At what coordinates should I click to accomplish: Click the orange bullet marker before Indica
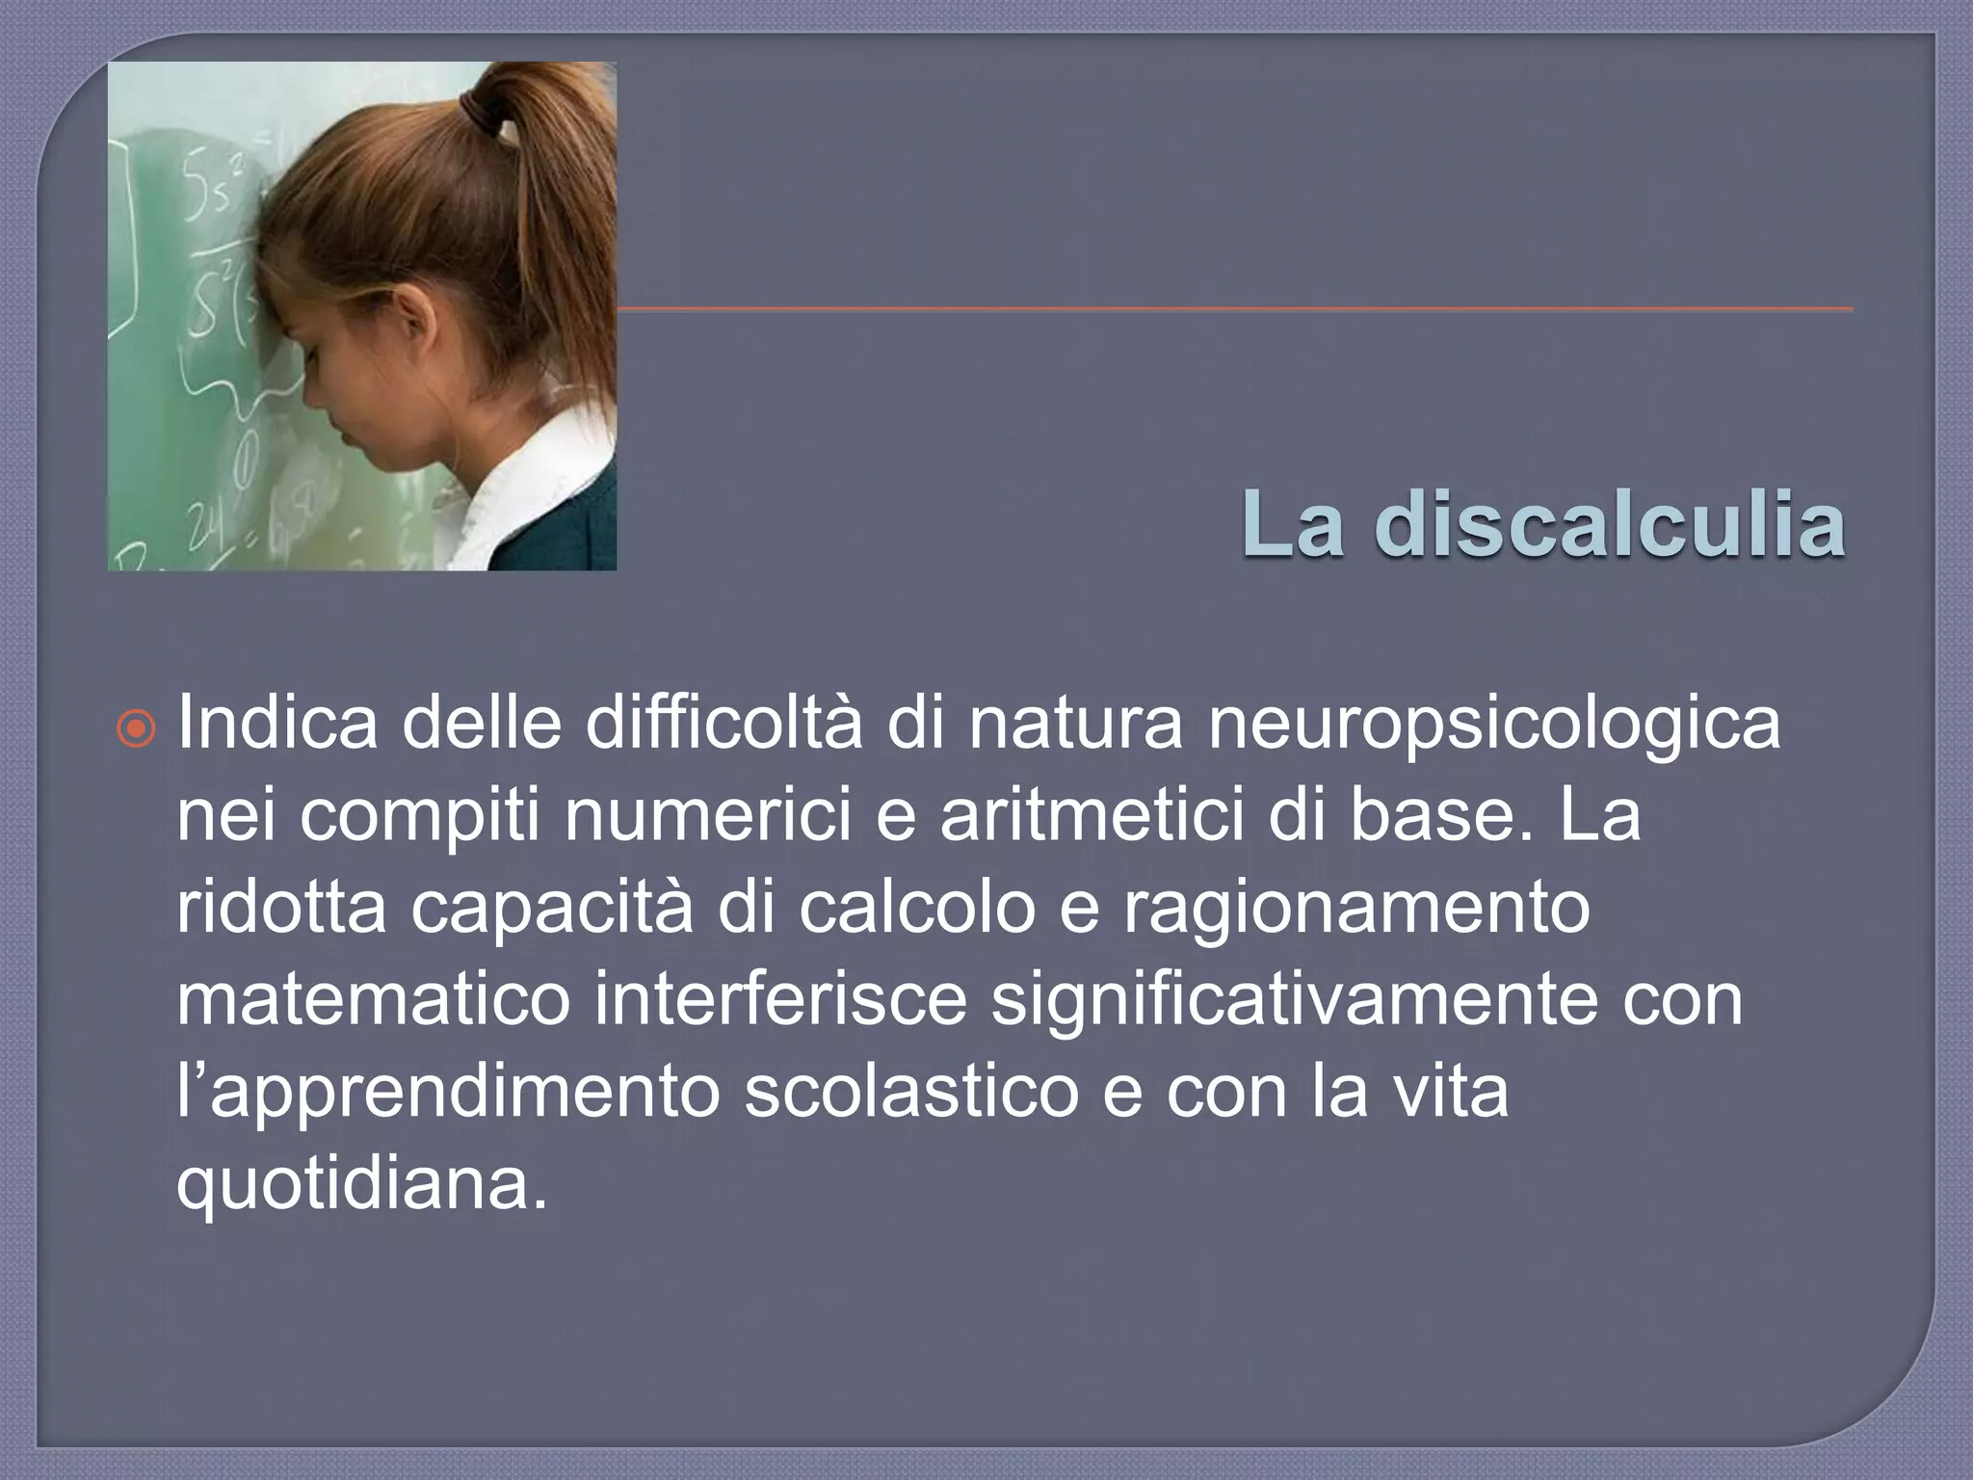click(138, 730)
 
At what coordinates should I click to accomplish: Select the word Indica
click(277, 725)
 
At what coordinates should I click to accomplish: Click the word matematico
click(374, 999)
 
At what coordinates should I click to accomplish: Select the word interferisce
click(780, 999)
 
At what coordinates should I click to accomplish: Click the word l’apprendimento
click(449, 1091)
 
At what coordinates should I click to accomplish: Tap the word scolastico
click(911, 1091)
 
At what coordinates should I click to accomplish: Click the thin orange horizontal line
click(1233, 309)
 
